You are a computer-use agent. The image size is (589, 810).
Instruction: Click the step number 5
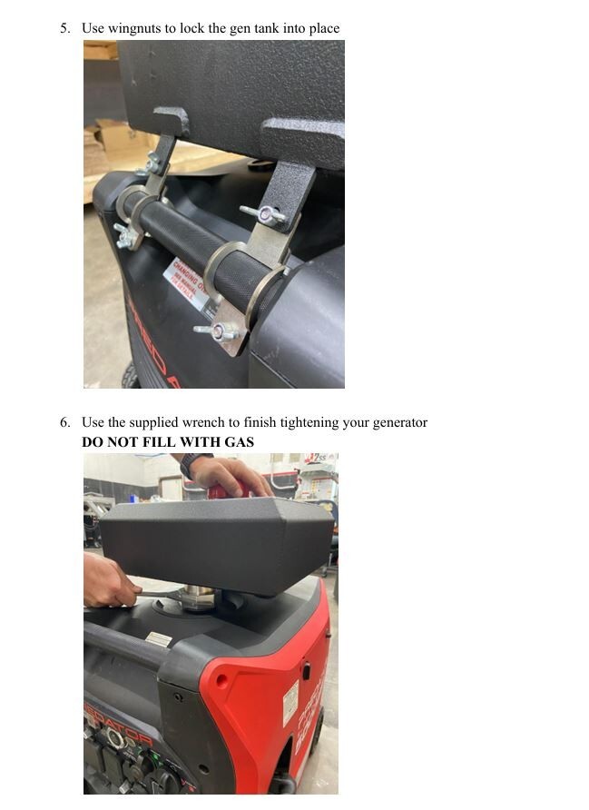pos(64,28)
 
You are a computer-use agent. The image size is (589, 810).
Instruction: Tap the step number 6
pos(64,422)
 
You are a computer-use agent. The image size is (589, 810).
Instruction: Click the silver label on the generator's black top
pos(158,639)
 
